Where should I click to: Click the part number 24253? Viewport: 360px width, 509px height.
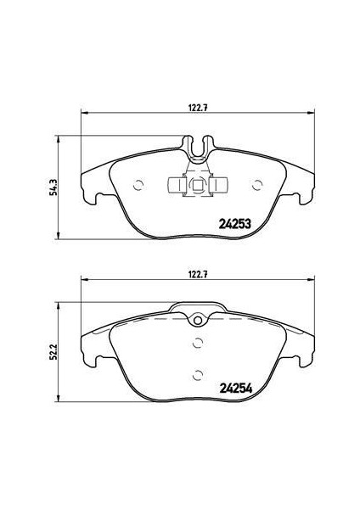(235, 224)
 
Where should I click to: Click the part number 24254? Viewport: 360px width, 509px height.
(236, 389)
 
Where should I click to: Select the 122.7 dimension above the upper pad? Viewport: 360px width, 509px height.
(198, 109)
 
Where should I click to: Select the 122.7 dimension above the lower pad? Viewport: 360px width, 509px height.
(198, 275)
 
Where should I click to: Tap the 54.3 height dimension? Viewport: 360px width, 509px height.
(53, 187)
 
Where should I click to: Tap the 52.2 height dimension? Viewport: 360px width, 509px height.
(53, 352)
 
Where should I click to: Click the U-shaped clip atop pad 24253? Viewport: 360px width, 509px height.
(198, 149)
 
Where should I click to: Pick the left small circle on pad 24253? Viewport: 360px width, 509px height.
(138, 185)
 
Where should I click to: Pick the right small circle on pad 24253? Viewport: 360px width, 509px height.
(257, 185)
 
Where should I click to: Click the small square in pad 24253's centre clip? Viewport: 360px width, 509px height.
(198, 186)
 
